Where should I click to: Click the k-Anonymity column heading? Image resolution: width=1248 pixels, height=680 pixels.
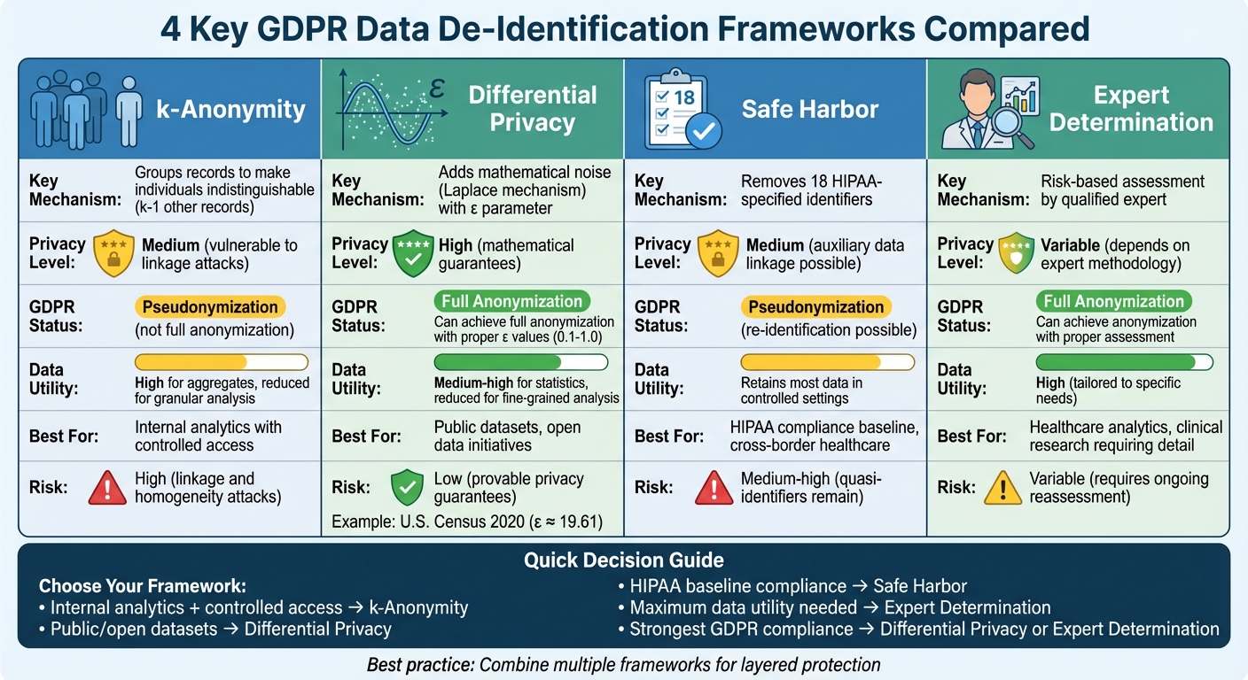(x=230, y=109)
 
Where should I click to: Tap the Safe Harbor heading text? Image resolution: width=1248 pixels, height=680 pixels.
(x=809, y=109)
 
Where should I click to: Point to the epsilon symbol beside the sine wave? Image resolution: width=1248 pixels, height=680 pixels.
(x=435, y=89)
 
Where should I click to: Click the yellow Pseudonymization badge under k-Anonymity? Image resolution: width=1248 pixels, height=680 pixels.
(x=210, y=307)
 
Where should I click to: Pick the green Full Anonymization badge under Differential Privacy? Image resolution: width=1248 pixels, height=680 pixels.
(x=512, y=301)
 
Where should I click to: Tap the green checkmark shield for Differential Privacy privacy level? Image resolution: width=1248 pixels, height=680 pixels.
(x=412, y=253)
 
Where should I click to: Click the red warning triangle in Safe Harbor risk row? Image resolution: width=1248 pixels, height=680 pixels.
(x=714, y=487)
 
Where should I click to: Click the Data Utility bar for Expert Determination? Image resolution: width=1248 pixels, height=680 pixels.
(x=1124, y=361)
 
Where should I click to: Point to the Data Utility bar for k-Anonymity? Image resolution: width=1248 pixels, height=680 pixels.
(x=221, y=361)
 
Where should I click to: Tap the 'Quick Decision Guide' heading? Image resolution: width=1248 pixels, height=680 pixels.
(x=623, y=560)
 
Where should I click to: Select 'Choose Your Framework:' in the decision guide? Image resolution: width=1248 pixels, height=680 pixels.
(x=142, y=586)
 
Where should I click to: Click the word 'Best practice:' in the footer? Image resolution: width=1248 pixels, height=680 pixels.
(x=421, y=665)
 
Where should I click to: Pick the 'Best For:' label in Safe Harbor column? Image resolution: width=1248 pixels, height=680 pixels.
(x=669, y=437)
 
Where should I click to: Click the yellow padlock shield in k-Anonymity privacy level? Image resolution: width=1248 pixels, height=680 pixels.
(x=113, y=253)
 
